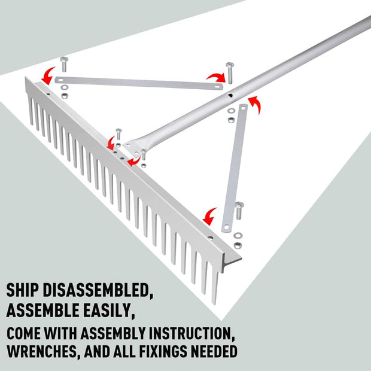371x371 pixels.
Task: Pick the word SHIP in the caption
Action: click(x=24, y=291)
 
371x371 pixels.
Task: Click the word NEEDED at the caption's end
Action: click(x=216, y=350)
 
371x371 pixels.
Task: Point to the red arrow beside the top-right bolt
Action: click(x=214, y=77)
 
